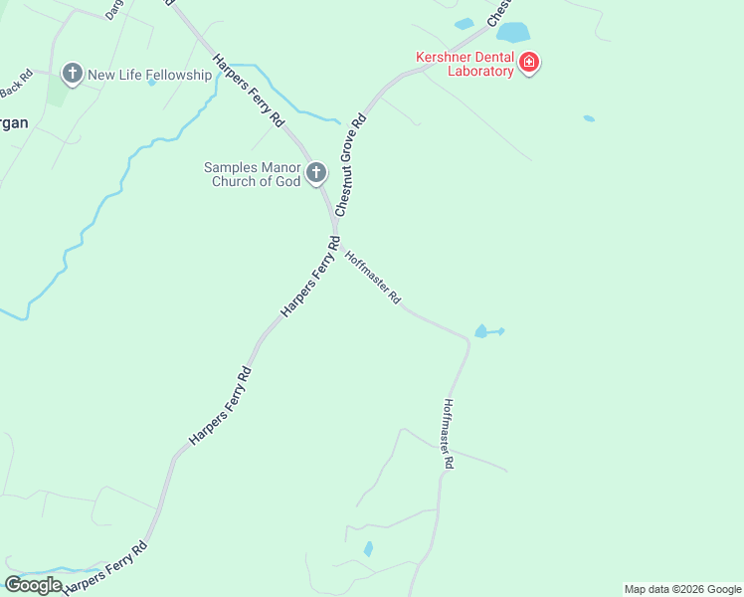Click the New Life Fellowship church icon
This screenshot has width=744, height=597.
point(72,74)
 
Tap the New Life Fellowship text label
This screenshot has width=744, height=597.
point(150,75)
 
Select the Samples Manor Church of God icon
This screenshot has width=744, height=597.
point(316,174)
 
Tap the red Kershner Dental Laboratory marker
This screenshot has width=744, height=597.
point(529,64)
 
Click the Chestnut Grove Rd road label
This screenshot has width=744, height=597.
point(351,165)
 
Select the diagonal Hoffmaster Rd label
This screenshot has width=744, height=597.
point(373,277)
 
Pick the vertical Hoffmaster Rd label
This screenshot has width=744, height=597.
point(449,434)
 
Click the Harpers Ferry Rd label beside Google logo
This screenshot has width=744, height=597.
point(105,568)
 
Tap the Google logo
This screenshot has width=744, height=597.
point(33,585)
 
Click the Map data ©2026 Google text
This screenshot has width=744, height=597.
point(682,589)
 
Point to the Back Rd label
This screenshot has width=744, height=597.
point(17,84)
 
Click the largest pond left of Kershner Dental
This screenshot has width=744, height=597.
point(513,33)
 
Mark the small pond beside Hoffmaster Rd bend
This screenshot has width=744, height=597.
point(483,330)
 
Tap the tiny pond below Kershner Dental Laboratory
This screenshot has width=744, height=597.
point(589,118)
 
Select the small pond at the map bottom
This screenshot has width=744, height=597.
point(368,548)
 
